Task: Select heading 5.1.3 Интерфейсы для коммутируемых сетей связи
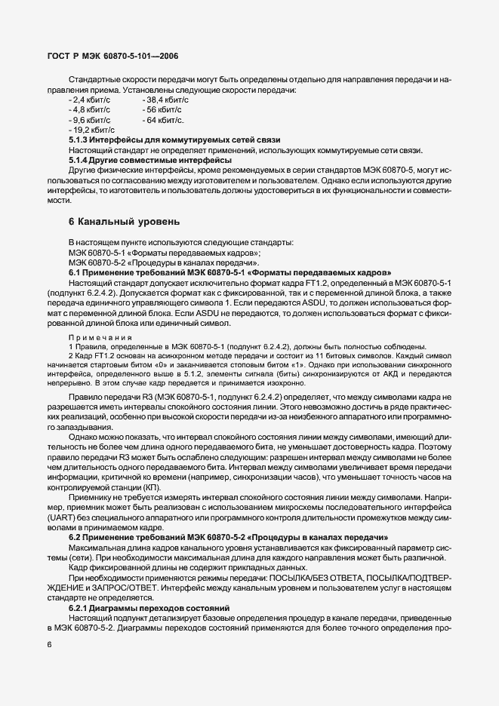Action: (174, 140)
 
